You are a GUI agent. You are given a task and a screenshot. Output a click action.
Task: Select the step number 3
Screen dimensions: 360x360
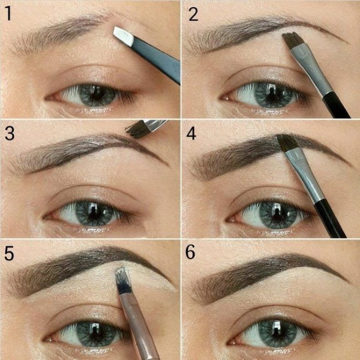point(9,133)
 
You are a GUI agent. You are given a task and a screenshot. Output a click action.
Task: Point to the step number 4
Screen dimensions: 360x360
point(192,133)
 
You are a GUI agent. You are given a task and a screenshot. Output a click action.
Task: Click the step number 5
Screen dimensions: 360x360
point(9,253)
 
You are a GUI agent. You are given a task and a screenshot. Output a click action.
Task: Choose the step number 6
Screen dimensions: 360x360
point(191,253)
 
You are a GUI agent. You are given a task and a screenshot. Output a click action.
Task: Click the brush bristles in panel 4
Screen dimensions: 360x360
point(286,143)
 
